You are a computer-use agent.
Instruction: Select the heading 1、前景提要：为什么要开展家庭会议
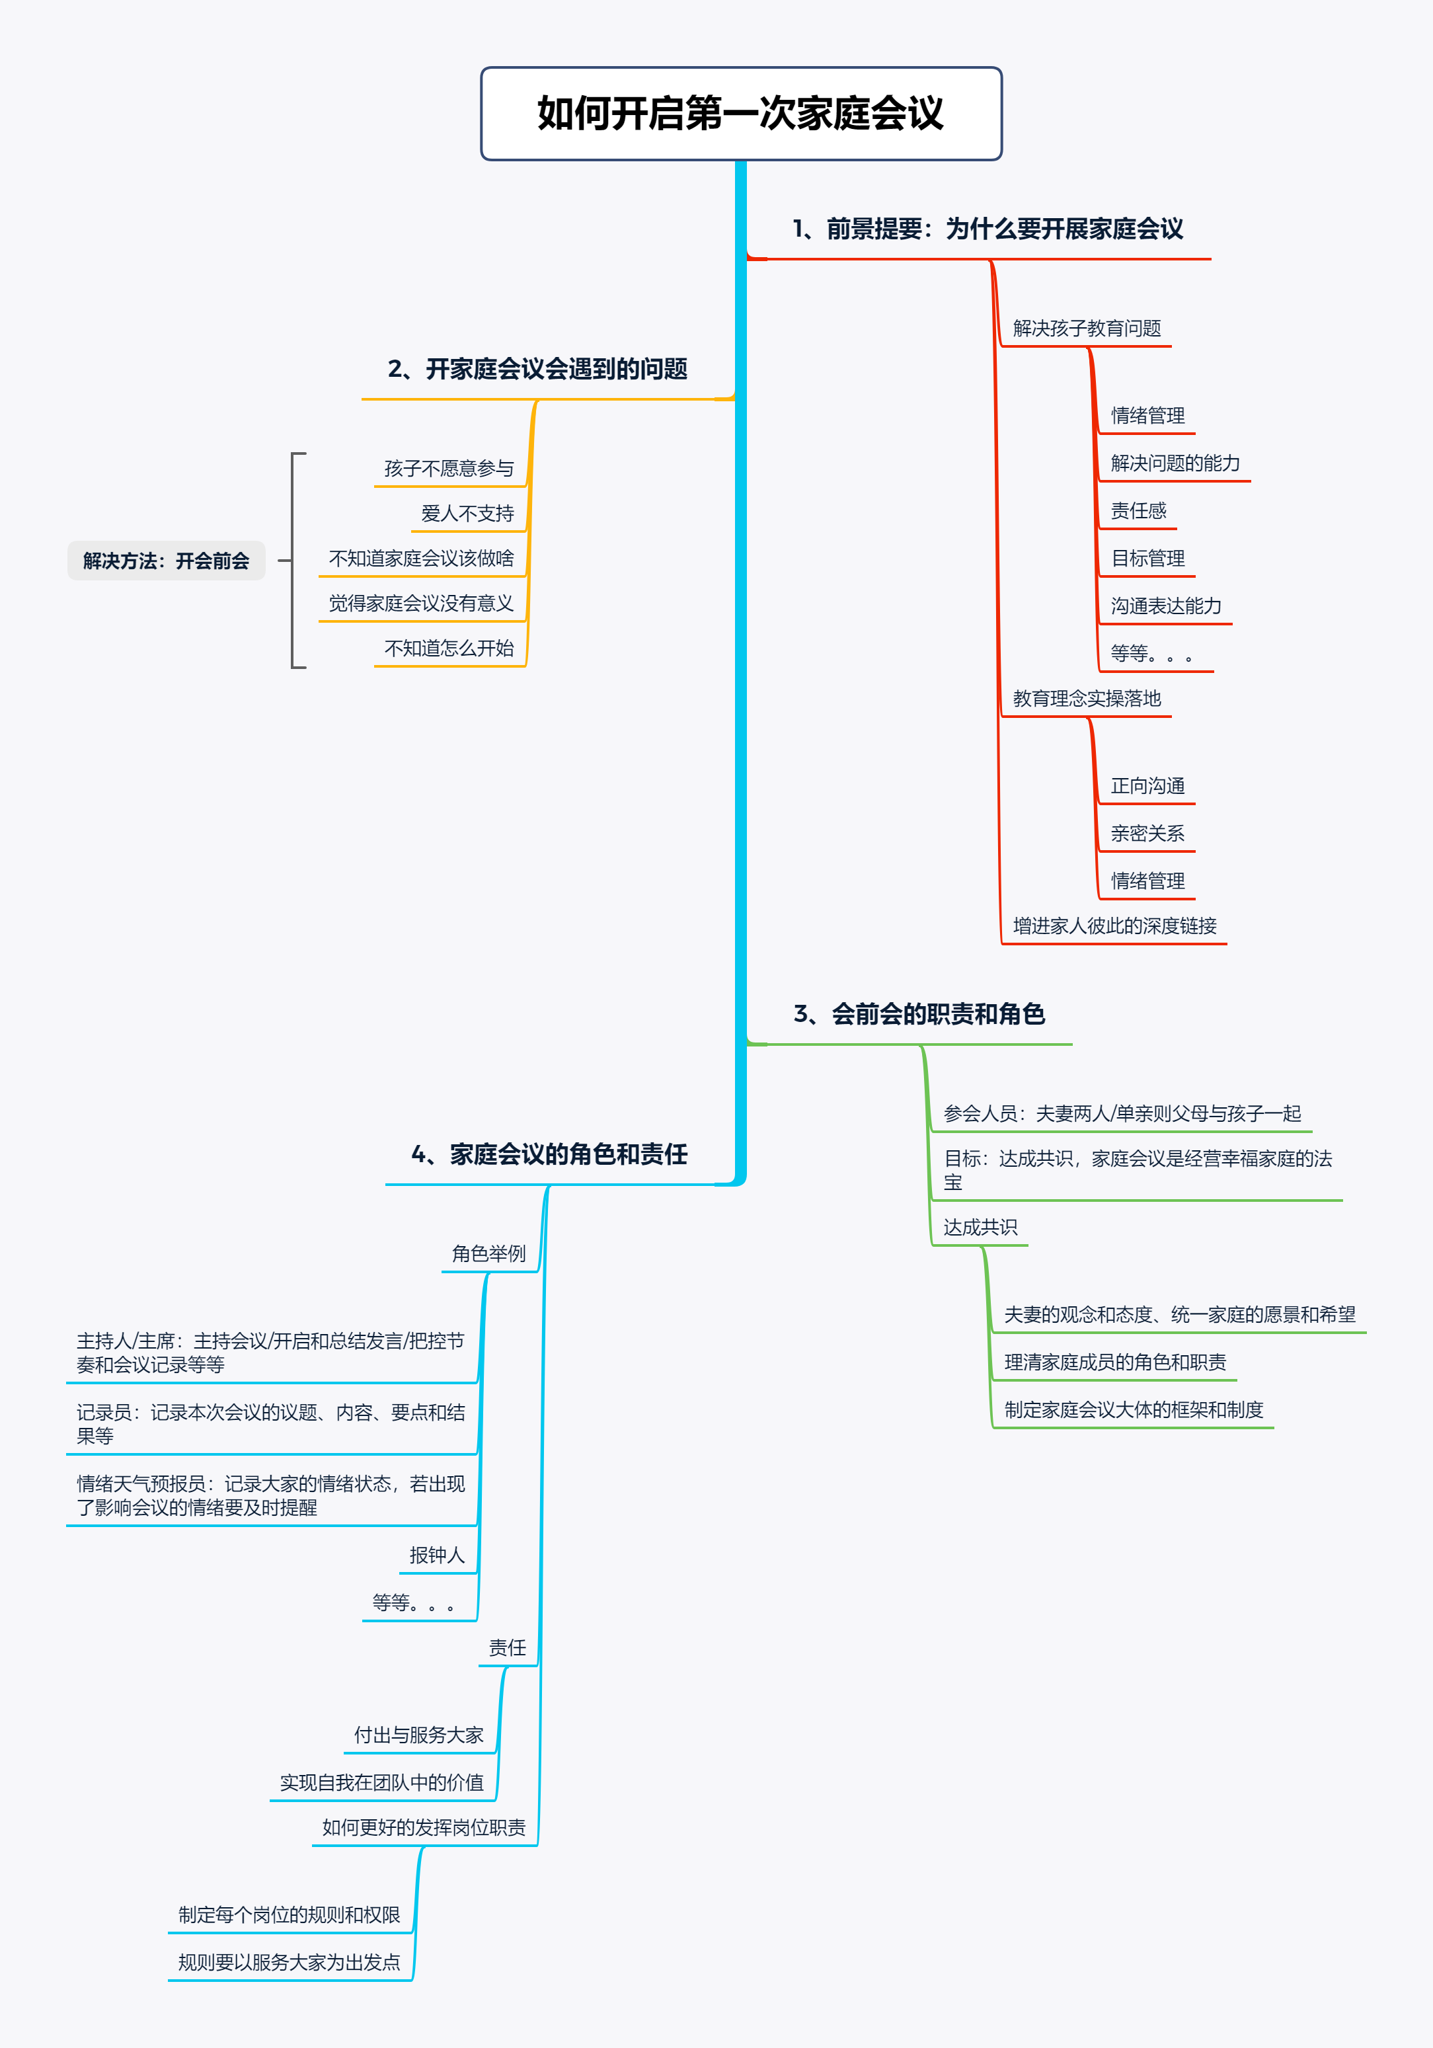click(x=987, y=229)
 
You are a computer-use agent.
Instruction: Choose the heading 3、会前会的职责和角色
click(x=919, y=1014)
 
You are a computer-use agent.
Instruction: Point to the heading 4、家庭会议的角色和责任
click(x=549, y=1154)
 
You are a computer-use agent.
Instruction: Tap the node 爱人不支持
click(x=467, y=514)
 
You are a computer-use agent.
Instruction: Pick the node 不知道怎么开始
click(x=449, y=649)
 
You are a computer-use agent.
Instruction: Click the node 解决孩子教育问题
click(x=1086, y=329)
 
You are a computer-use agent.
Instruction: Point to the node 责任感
click(x=1138, y=511)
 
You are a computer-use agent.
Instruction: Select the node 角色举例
click(x=488, y=1254)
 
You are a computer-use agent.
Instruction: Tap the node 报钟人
click(x=437, y=1556)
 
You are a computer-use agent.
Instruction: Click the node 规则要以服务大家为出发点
click(x=289, y=1962)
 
